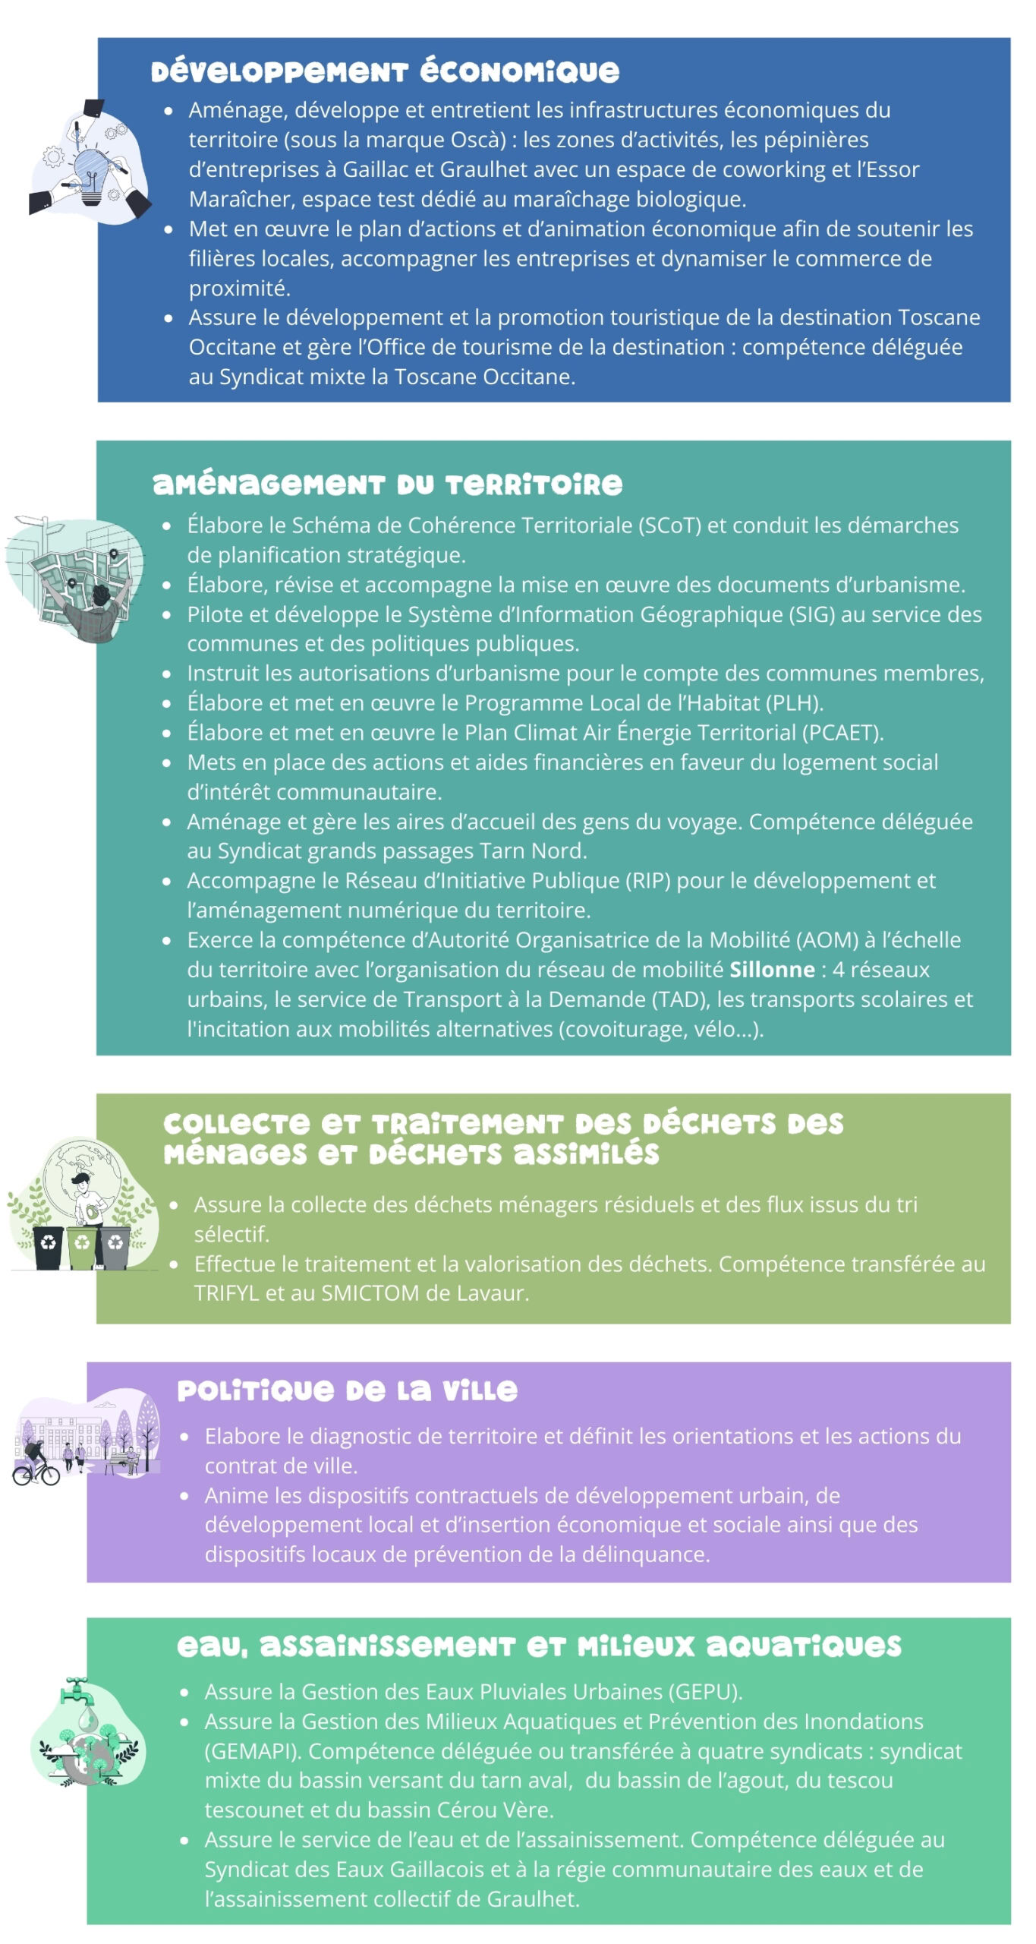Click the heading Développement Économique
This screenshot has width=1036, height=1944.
[385, 71]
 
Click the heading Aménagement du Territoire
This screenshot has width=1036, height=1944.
[387, 484]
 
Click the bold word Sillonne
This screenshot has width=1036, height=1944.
[772, 970]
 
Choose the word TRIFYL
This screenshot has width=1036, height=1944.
[226, 1293]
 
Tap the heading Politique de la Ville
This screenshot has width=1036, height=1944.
[347, 1390]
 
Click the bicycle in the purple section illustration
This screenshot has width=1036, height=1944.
[36, 1473]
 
